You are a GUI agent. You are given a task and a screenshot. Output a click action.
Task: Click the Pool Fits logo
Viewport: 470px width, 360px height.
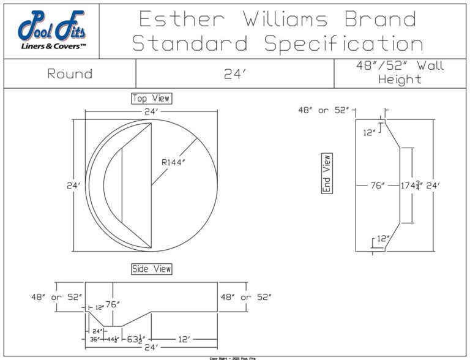[51, 30]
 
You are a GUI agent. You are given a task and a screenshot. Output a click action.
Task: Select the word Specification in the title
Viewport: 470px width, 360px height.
[344, 43]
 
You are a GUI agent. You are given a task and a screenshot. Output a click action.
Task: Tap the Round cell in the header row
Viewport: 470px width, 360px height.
[70, 74]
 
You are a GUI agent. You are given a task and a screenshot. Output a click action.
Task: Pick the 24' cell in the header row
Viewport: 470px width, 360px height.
[234, 74]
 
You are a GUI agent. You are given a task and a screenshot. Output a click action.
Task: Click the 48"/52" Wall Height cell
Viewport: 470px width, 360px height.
[401, 73]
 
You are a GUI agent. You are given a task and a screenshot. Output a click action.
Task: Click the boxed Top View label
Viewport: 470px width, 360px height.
[151, 98]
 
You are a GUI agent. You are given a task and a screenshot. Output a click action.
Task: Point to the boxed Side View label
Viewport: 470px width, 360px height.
[152, 269]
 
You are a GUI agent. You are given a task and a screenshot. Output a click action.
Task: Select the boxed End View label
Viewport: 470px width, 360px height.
[327, 173]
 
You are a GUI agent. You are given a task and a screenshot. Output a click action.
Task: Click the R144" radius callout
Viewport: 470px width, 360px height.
[173, 162]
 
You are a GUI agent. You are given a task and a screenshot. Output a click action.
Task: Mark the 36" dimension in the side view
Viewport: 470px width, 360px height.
[95, 338]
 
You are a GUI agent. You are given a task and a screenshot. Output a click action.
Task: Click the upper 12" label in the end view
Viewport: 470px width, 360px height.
[369, 132]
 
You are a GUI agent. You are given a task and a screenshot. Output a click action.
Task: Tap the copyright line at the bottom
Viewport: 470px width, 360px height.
[234, 358]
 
